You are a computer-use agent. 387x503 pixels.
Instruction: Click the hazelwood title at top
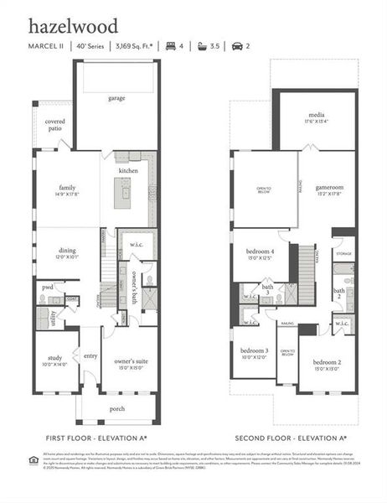(73, 27)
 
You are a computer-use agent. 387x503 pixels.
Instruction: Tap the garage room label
(116, 98)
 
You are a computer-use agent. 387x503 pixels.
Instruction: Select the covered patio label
(55, 126)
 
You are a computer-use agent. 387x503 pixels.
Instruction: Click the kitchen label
(128, 170)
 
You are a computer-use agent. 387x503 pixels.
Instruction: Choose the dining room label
(67, 252)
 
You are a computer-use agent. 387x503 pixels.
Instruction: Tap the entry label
(90, 355)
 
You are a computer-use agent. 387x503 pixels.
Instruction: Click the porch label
(117, 409)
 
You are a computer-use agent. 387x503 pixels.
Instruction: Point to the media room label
(317, 117)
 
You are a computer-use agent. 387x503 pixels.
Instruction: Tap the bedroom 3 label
(255, 353)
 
